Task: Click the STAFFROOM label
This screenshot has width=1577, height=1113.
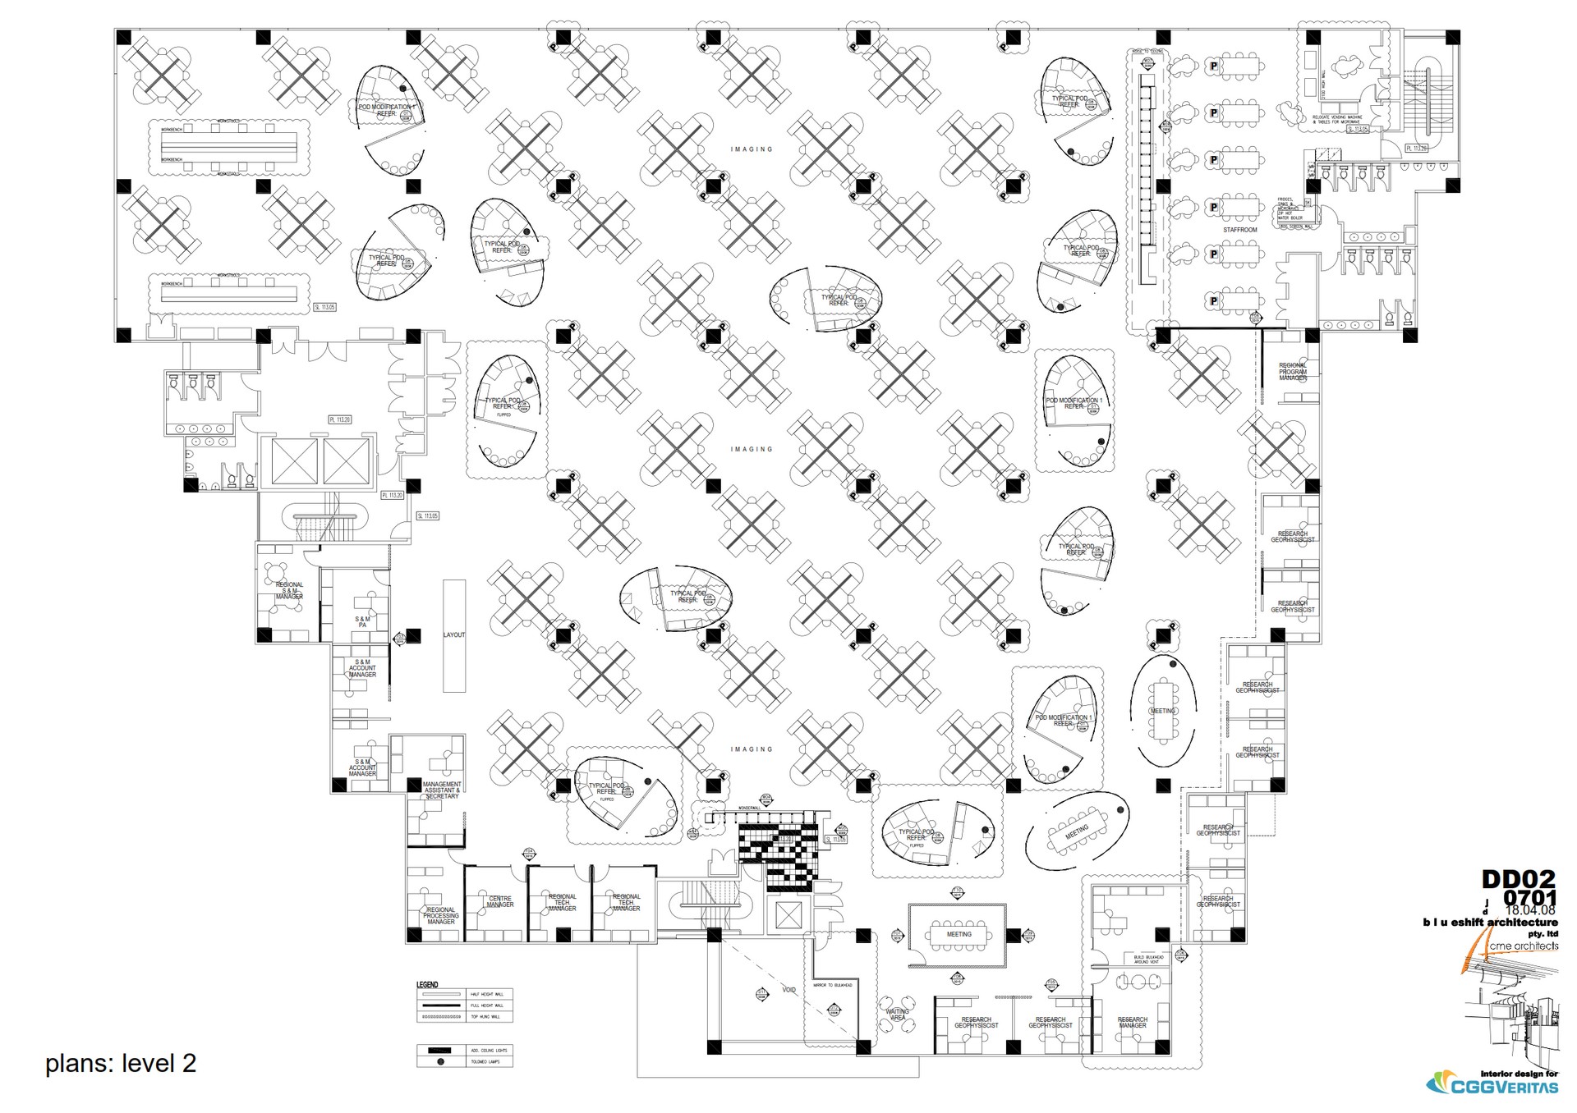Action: click(1239, 230)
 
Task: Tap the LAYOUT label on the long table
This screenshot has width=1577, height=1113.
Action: click(454, 634)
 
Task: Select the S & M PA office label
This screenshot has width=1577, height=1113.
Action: click(362, 622)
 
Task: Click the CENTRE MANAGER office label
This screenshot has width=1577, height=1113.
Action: click(500, 901)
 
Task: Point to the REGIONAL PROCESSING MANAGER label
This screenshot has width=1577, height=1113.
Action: click(441, 915)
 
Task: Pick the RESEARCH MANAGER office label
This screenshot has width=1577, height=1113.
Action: click(1132, 1022)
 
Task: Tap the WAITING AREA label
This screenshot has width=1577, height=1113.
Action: click(898, 1015)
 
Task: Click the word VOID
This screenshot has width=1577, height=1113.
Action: click(788, 990)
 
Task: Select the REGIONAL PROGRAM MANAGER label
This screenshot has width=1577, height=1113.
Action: click(1292, 371)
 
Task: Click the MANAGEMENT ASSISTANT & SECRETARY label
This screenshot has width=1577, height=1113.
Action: click(442, 790)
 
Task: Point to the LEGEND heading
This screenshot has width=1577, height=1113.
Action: click(427, 984)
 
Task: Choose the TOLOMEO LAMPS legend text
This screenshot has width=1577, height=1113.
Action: click(487, 1061)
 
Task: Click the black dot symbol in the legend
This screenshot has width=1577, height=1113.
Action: click(441, 1061)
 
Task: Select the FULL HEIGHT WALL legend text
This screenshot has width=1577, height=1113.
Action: click(487, 1005)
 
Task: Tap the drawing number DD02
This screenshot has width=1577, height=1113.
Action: click(1518, 879)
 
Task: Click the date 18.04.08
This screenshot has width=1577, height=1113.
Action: click(1530, 910)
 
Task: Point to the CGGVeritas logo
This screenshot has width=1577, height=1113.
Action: click(1492, 1084)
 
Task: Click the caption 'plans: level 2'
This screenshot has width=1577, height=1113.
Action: click(121, 1063)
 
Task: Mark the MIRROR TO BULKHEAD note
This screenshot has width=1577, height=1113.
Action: click(833, 985)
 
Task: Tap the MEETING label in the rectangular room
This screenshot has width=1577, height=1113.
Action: click(959, 934)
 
